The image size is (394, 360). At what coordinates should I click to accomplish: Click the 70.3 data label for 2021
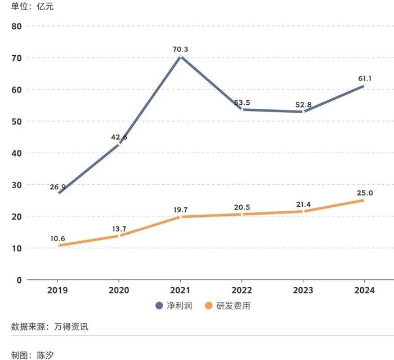pos(180,49)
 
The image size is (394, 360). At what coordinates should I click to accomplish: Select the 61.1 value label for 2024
pos(363,78)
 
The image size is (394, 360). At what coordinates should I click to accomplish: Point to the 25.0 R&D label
pos(364,193)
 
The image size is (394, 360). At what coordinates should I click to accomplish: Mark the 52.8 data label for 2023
pos(303,104)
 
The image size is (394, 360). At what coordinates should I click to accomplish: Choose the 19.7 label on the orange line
pos(180,209)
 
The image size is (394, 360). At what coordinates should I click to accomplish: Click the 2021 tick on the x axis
pos(180,290)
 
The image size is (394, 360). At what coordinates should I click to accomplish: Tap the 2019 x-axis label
pos(58,290)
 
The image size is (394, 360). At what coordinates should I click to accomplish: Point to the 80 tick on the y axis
pos(16,26)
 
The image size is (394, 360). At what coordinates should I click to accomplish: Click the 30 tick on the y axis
pos(16,185)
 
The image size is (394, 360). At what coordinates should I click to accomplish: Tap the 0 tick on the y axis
pos(18,280)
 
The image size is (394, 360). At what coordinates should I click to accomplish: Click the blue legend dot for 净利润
pos(159,306)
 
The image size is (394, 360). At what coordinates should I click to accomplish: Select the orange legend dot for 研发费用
pos(208,306)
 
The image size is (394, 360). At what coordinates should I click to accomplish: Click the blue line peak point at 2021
pos(180,57)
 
